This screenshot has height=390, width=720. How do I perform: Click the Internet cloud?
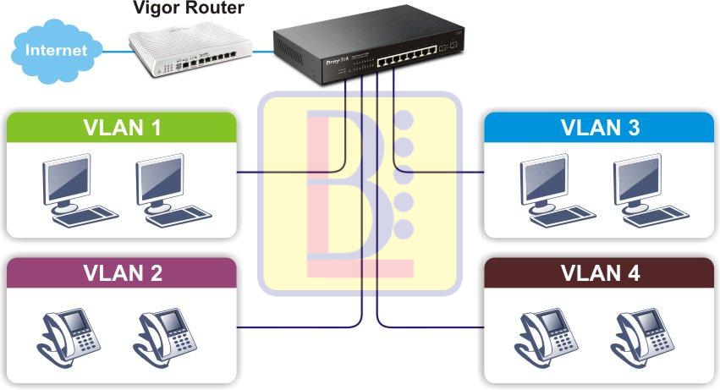[56, 50]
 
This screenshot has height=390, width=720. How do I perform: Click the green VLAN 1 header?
[121, 128]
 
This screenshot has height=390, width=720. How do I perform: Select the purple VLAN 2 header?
[121, 273]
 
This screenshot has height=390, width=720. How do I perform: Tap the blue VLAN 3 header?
[599, 128]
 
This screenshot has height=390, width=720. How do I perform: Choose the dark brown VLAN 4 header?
[599, 273]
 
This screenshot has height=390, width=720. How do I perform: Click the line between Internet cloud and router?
[114, 51]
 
